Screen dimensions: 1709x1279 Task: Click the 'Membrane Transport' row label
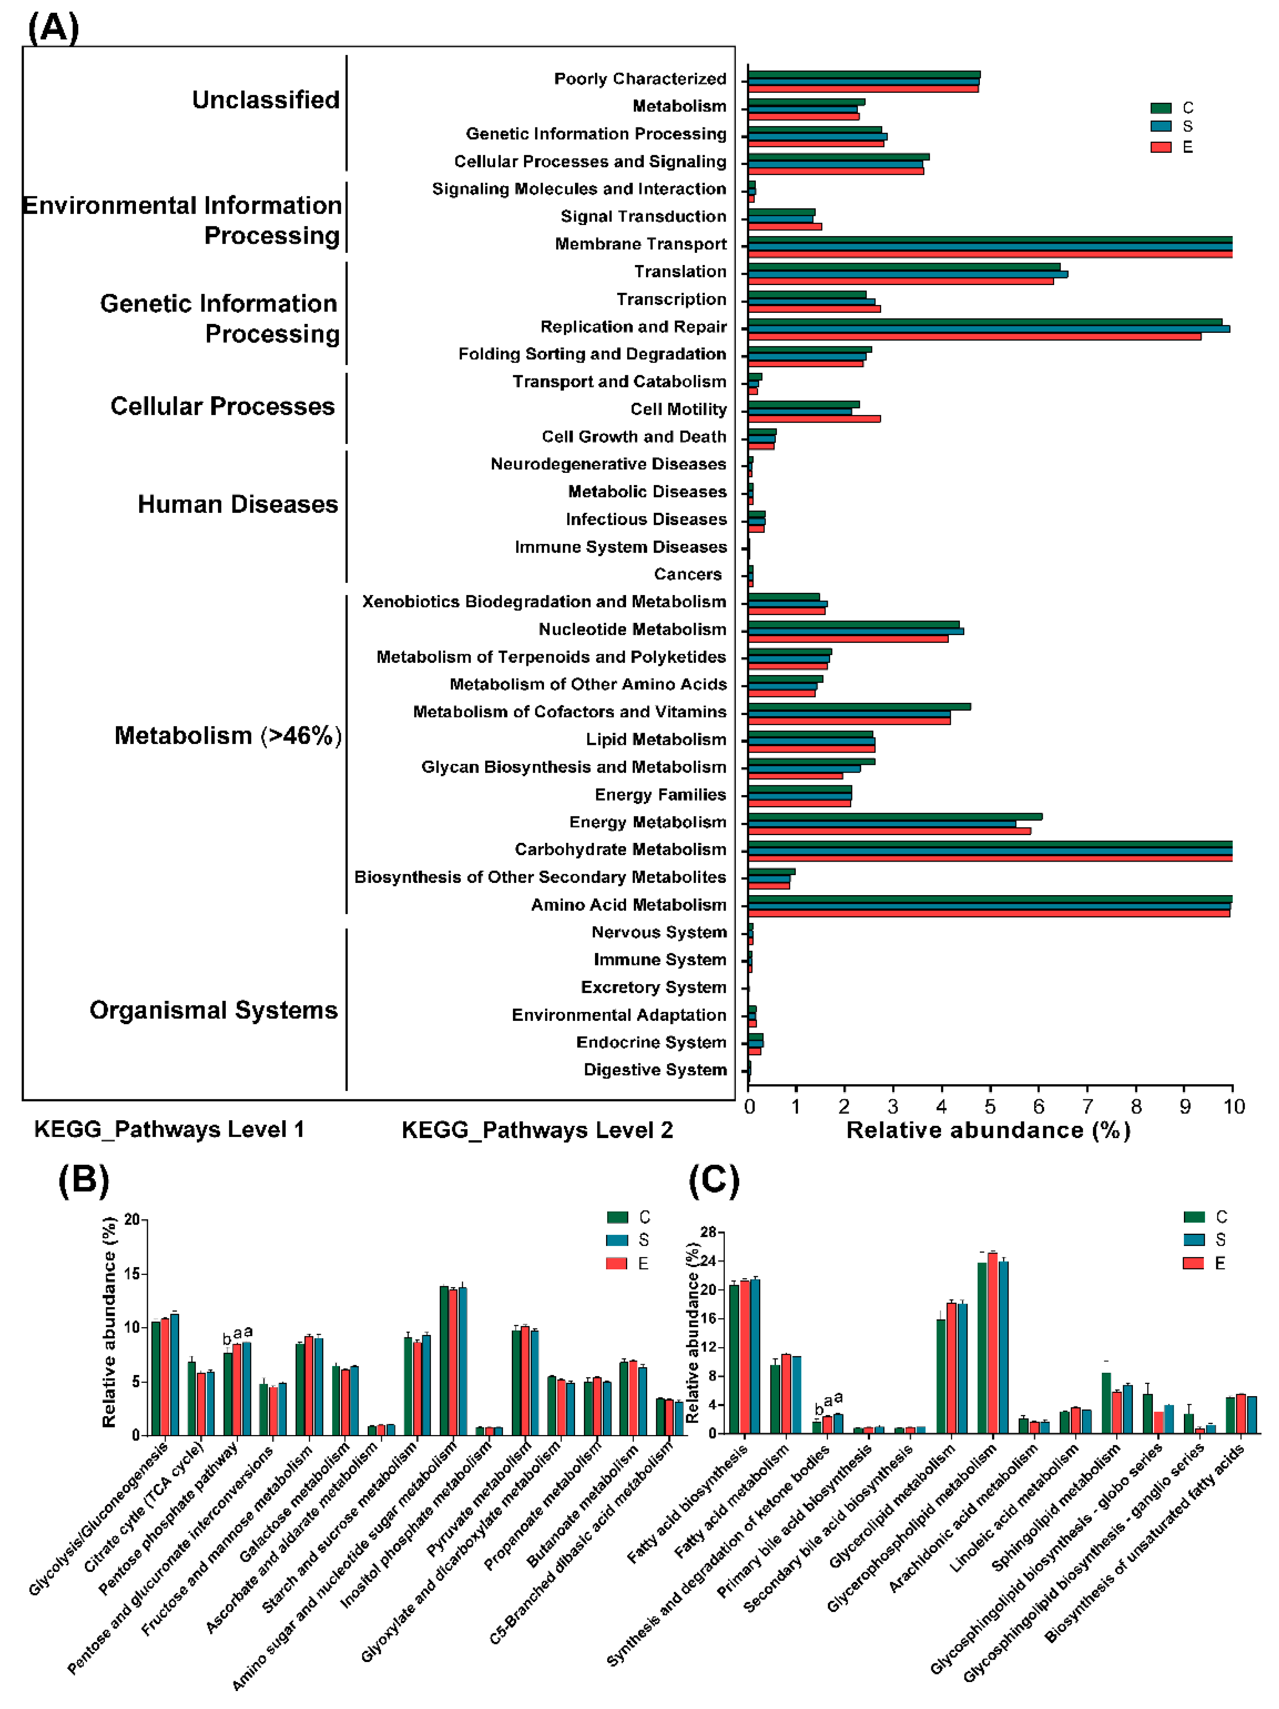coord(640,244)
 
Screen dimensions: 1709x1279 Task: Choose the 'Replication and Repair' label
coord(633,327)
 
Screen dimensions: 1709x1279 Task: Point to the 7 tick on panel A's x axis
coord(1088,1106)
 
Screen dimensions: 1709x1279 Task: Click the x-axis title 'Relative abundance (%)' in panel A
coord(988,1130)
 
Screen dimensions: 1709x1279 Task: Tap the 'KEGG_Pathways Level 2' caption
coord(537,1130)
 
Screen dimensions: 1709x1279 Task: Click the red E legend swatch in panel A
coord(1160,147)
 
